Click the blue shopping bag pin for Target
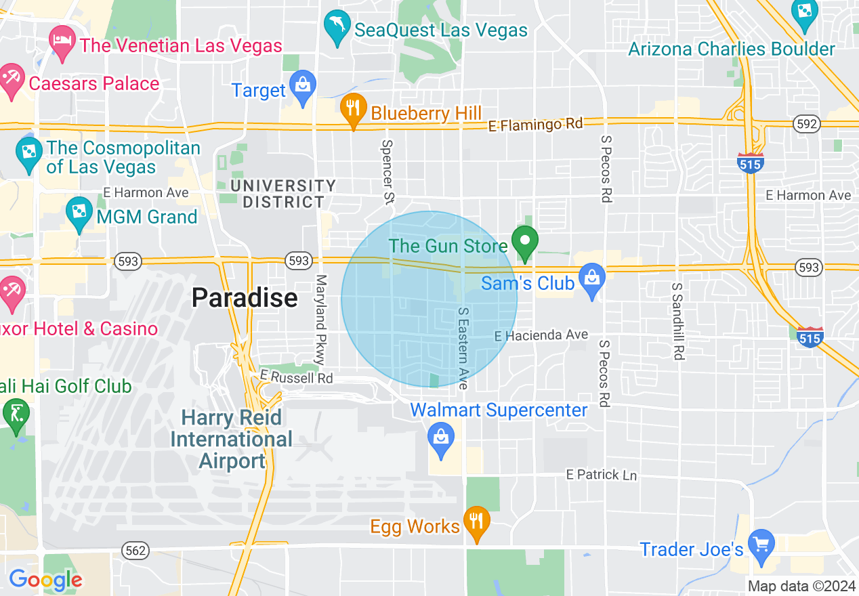coord(302,86)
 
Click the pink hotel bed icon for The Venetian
coord(62,37)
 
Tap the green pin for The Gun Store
coord(524,242)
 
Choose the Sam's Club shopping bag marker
coord(592,280)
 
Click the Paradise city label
coord(245,297)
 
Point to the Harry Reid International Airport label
coord(231,439)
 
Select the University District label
coord(282,194)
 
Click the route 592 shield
coord(808,124)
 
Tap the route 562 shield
coord(135,551)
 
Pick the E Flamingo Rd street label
coord(535,125)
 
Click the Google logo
coord(45,580)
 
